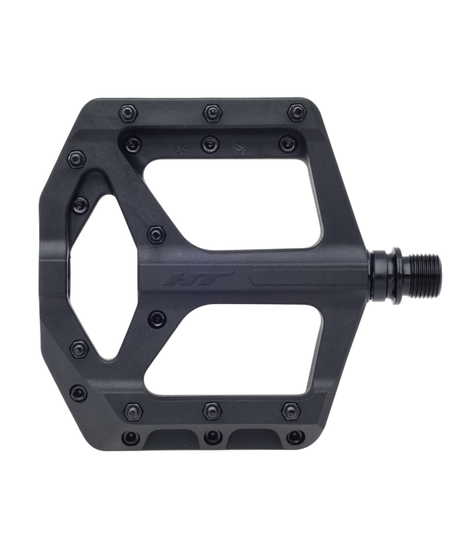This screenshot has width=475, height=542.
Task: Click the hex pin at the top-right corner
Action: (296, 112)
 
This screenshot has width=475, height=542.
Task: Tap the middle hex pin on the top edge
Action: (212, 112)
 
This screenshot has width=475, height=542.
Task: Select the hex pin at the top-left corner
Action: (128, 112)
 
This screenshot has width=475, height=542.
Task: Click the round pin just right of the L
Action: (287, 144)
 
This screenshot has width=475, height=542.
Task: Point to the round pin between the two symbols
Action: (210, 144)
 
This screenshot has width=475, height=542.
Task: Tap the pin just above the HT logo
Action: (156, 234)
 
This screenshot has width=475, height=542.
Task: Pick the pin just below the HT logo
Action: (157, 317)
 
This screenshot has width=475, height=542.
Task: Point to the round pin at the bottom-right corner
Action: (295, 437)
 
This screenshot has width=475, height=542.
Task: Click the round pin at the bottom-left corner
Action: (130, 437)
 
